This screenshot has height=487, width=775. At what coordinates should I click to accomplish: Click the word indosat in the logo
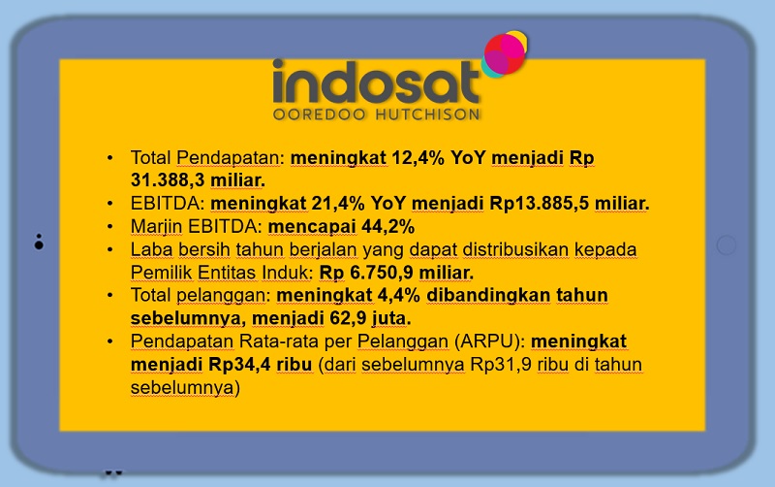[376, 81]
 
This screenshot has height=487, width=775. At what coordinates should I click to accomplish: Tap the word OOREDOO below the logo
[320, 114]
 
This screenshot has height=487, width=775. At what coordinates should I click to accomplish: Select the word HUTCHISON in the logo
[427, 114]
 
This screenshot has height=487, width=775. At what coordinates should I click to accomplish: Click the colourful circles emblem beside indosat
[504, 54]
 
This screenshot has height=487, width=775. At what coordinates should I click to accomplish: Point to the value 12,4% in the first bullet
[418, 158]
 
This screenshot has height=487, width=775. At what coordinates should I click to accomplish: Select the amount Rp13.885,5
[539, 204]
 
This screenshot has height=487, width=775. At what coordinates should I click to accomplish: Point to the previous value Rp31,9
[501, 364]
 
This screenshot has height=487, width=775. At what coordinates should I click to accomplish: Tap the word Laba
[151, 249]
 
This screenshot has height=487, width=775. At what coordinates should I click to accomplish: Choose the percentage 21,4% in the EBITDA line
[338, 204]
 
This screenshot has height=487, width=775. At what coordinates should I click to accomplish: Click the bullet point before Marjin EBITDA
[109, 227]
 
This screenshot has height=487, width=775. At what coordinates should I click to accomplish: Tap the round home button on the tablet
[726, 245]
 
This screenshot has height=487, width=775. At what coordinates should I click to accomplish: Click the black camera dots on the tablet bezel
[39, 242]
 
